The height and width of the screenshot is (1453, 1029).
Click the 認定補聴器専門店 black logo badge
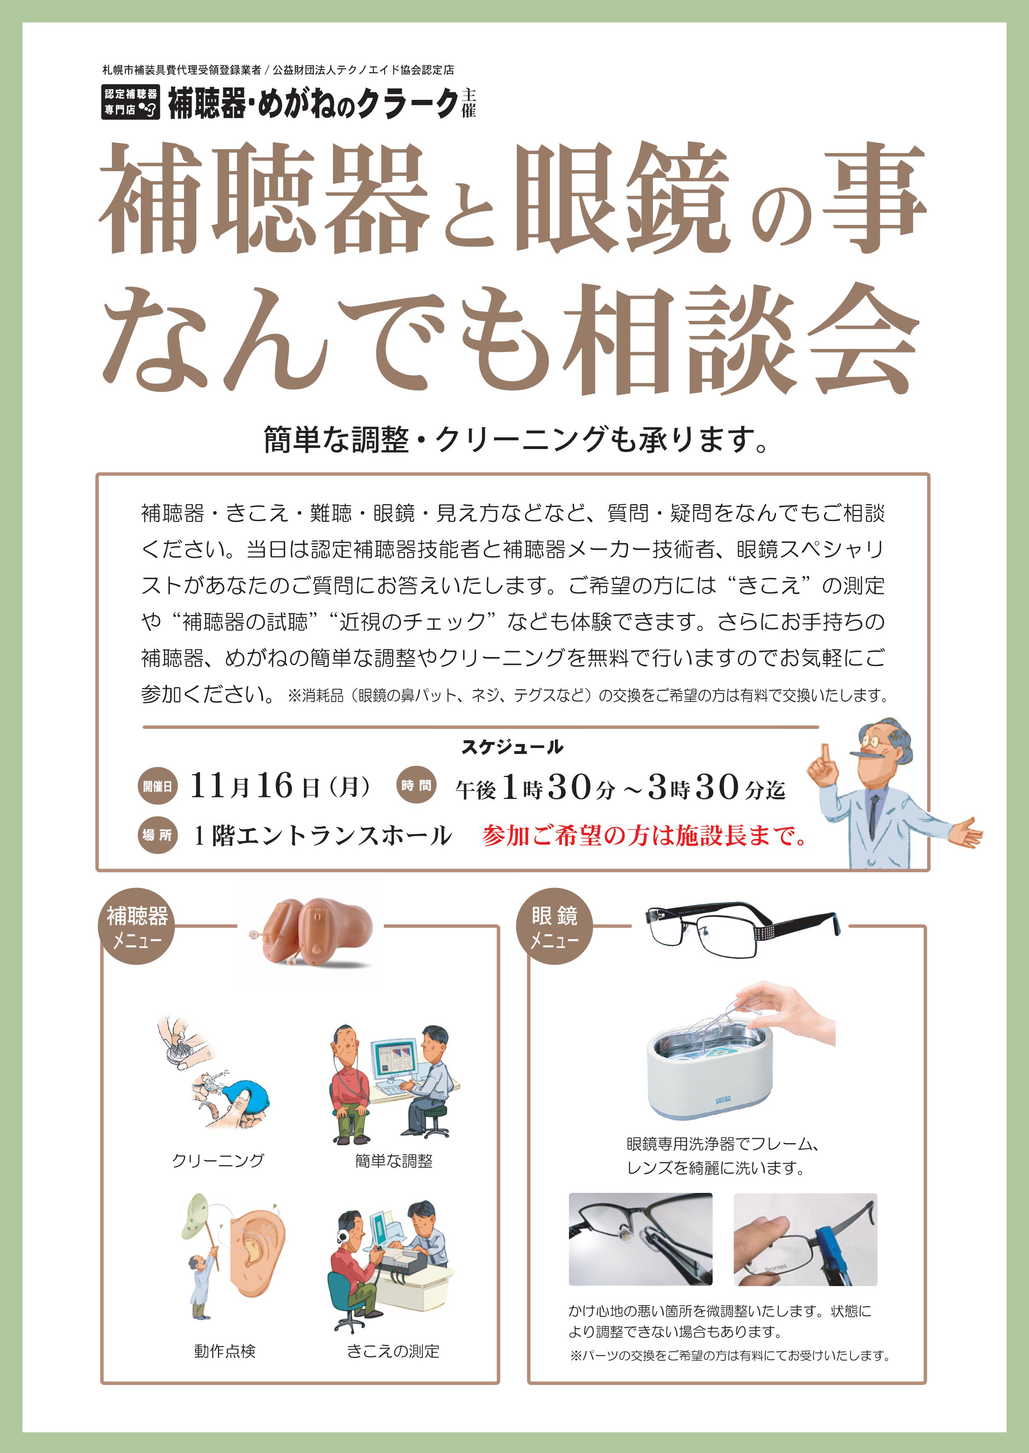tap(130, 102)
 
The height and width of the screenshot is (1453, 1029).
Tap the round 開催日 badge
tap(157, 787)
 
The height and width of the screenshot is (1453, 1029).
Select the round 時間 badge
tap(416, 786)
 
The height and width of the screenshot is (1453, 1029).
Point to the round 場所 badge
tap(157, 835)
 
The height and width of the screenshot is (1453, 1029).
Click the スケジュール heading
tap(512, 748)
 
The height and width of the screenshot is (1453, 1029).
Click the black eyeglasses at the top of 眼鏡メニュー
tap(741, 927)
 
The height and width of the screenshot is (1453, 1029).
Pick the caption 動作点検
tap(225, 1352)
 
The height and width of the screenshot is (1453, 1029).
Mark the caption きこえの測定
tap(393, 1352)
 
